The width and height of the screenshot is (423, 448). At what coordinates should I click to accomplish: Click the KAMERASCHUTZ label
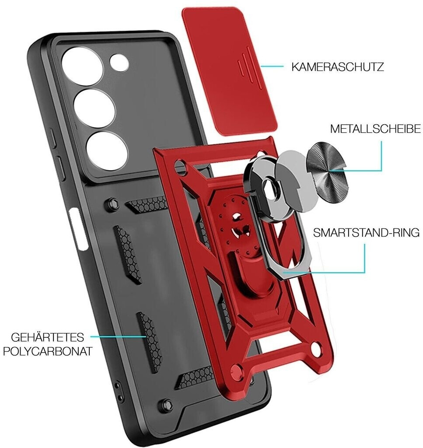click(338, 67)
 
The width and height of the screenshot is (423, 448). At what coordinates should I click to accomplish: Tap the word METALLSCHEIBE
click(375, 129)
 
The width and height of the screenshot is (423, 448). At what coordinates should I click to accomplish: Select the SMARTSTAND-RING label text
click(366, 232)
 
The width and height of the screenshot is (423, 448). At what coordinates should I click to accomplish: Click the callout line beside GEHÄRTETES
click(118, 337)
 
